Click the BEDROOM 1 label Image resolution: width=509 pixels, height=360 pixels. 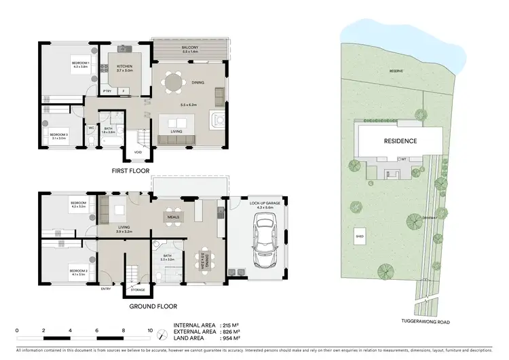pos(81,65)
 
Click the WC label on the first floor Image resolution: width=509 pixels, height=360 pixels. pos(91,127)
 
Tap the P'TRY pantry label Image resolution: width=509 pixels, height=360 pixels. pos(107,90)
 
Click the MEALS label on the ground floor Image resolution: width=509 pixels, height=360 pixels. pos(172,218)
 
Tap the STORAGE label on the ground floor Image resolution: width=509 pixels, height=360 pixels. pos(137,289)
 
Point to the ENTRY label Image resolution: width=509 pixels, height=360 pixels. pos(106,289)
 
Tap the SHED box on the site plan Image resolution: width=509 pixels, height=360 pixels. pos(358,237)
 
